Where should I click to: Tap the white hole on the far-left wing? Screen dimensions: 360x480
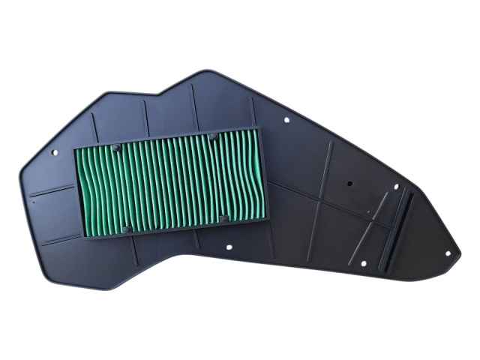pyautogui.click(x=54, y=151)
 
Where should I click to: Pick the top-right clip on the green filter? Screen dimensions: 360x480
pyautogui.click(x=213, y=137)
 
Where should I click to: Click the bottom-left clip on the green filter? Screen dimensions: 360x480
pyautogui.click(x=127, y=228)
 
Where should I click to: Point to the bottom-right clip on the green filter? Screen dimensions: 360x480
pyautogui.click(x=223, y=218)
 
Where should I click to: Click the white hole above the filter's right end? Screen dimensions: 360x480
pyautogui.click(x=287, y=118)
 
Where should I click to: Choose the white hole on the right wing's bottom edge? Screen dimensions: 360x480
pyautogui.click(x=362, y=262)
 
